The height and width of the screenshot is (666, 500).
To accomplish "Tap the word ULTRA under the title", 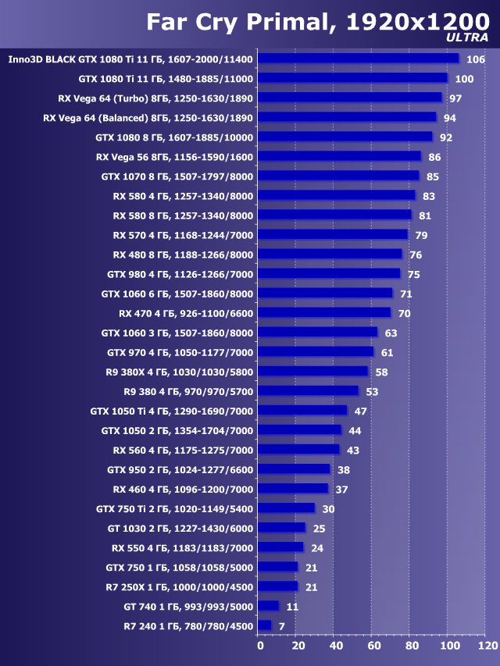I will (467, 37).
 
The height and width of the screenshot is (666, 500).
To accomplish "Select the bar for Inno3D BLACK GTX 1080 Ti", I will (358, 59).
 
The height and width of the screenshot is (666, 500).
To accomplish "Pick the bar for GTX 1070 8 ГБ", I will (338, 176).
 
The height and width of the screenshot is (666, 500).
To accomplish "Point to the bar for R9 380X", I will (312, 371).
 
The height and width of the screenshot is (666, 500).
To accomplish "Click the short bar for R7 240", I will (264, 625).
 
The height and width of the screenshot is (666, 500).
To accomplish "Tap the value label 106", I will (475, 59).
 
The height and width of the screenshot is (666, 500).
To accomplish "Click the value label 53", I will (372, 391).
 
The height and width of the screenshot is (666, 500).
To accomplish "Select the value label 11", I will (292, 606).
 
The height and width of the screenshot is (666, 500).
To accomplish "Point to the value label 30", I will (328, 508).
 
